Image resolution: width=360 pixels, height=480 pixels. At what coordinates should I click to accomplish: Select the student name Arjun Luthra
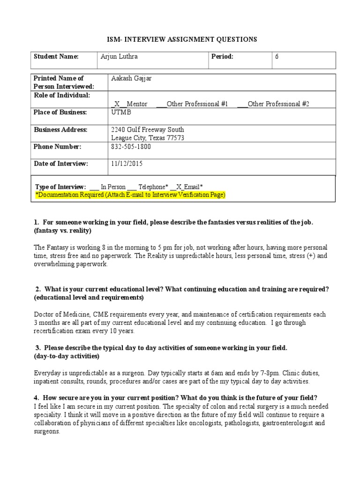119,57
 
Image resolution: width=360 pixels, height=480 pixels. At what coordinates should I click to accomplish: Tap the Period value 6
277,57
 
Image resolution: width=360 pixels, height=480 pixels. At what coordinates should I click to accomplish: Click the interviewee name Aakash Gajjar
131,78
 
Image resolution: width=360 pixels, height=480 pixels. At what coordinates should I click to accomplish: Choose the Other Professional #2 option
278,104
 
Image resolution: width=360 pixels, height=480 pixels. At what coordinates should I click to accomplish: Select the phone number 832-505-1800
131,147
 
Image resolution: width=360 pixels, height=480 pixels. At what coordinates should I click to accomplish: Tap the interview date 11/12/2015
127,164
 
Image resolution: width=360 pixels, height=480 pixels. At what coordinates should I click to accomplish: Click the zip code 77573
175,138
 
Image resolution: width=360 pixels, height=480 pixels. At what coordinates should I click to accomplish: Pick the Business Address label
60,129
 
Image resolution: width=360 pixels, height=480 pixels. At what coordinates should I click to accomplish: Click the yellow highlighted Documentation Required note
131,195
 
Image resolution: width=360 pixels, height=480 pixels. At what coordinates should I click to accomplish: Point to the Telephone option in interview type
153,187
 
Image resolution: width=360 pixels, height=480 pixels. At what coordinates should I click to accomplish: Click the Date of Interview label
61,164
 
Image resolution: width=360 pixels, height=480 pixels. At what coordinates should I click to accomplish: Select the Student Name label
56,57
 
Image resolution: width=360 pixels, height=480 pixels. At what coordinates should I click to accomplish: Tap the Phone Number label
57,147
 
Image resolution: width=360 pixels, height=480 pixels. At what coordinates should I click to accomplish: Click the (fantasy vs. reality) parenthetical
62,231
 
